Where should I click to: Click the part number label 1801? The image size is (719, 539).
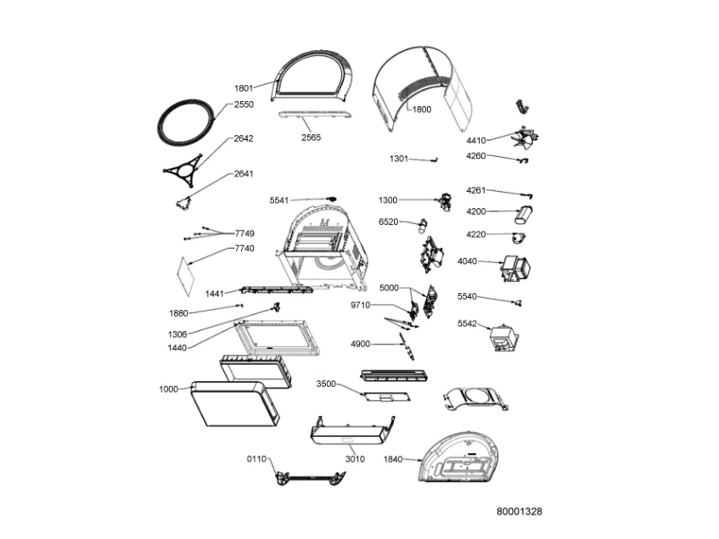click(244, 87)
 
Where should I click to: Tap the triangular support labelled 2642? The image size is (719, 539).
click(186, 168)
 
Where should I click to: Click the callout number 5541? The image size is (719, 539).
click(279, 200)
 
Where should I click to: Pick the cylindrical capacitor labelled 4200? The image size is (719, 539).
click(526, 212)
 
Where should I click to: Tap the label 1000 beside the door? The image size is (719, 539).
click(168, 389)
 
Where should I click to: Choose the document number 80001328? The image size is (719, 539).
click(520, 512)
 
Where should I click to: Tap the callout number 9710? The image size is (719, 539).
click(360, 305)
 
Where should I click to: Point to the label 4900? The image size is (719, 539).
click(360, 344)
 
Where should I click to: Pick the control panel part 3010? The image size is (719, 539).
click(350, 435)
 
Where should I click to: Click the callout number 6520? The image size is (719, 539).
click(389, 222)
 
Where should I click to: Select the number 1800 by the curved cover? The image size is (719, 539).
click(421, 109)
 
